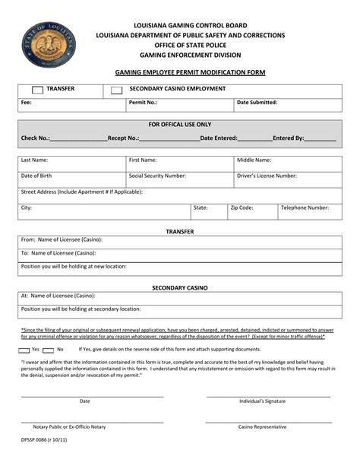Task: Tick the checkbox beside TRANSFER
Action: (36, 90)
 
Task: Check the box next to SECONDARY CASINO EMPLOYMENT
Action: (116, 90)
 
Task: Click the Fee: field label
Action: (27, 102)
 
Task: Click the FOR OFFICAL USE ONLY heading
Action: (180, 125)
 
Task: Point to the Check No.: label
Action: (36, 138)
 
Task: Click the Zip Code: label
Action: (242, 207)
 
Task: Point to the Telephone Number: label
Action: (305, 207)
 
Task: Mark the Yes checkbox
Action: (23, 349)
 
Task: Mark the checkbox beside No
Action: (50, 349)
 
